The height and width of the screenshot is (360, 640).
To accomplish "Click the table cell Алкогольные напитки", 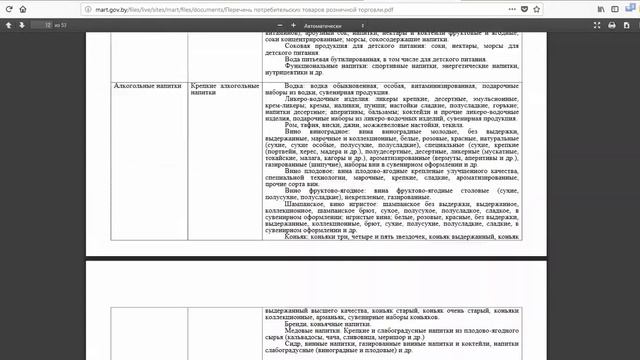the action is pos(143,88).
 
